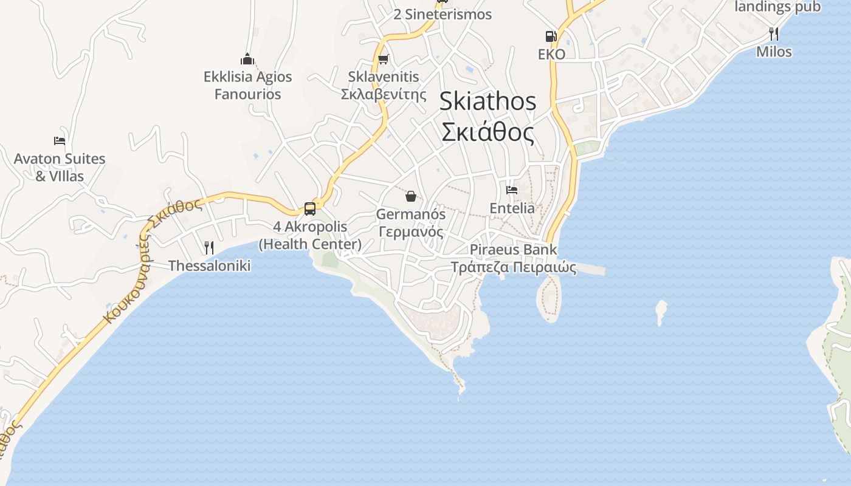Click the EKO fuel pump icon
click(x=551, y=36)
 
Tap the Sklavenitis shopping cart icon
click(x=383, y=59)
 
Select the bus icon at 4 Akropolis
click(x=310, y=209)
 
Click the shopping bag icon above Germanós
click(x=411, y=196)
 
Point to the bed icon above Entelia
click(x=512, y=190)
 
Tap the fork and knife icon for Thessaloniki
click(x=209, y=247)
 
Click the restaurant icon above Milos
click(x=774, y=33)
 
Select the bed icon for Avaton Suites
click(x=60, y=141)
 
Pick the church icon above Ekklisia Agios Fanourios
click(x=247, y=59)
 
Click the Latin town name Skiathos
click(x=488, y=101)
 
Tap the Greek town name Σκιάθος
click(x=488, y=132)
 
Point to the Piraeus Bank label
click(x=513, y=250)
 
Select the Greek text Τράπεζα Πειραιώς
click(x=513, y=267)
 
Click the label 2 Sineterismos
click(x=443, y=15)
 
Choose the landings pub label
click(x=777, y=7)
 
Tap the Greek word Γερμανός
click(x=411, y=232)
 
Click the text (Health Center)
click(x=310, y=244)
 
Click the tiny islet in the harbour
click(x=661, y=311)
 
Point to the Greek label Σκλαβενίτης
click(x=384, y=94)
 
